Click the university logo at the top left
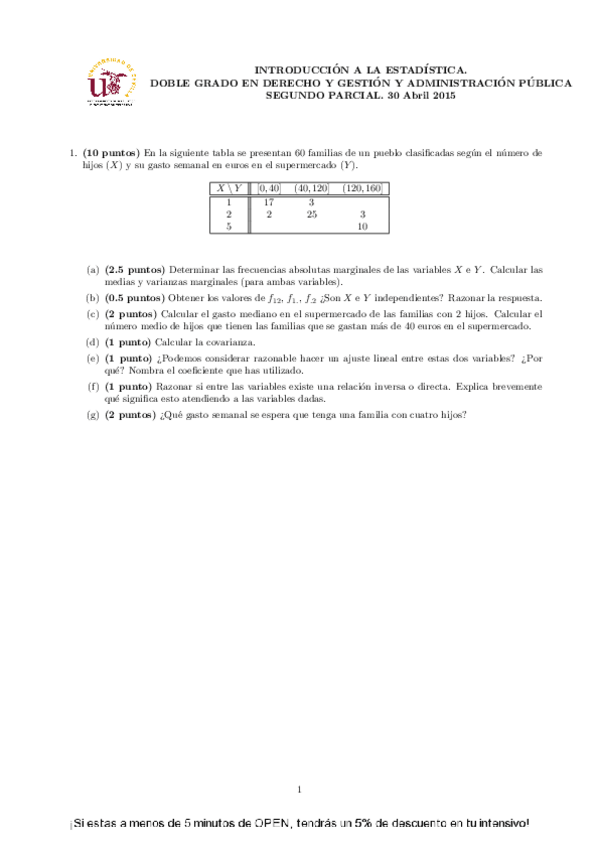110,82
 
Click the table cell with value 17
268,201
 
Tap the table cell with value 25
311,214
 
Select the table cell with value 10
362,227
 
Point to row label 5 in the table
229,227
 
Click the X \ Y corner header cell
229,188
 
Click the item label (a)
93,270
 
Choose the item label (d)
93,342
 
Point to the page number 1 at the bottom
300,790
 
